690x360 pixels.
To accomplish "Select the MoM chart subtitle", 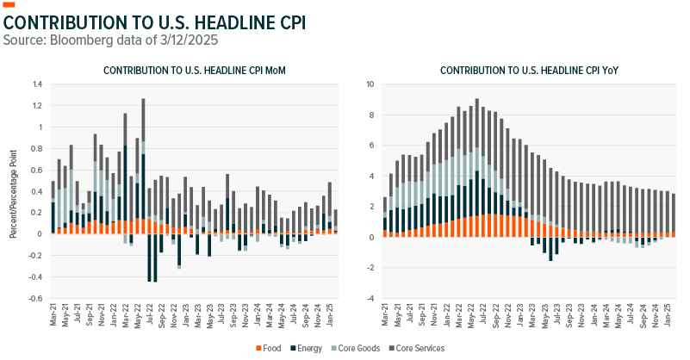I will [x=188, y=70].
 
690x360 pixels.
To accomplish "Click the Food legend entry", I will [x=270, y=347].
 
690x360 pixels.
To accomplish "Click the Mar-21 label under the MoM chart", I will [x=53, y=317].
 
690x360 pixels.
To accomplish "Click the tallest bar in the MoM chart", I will [x=143, y=164].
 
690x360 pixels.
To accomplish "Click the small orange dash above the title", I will [x=10, y=5].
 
